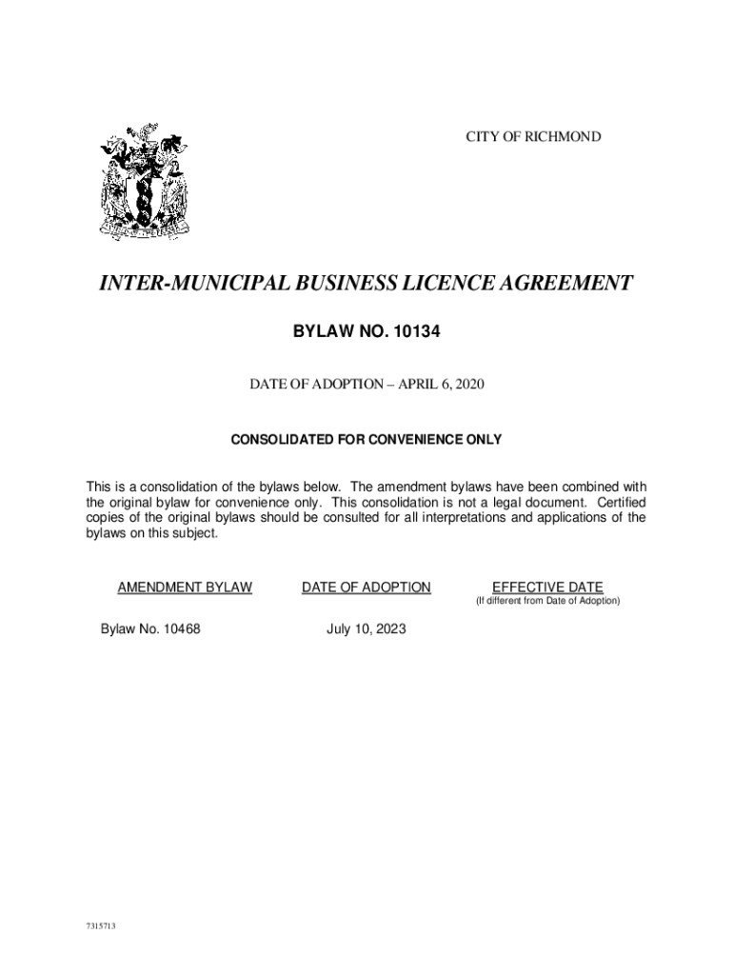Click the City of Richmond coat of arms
(146, 181)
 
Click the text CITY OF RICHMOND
(533, 137)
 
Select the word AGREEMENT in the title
(565, 283)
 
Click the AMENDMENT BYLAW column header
(185, 587)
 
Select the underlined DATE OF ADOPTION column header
(366, 587)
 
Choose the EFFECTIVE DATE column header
(547, 587)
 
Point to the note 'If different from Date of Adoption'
(547, 602)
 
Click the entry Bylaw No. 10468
(150, 629)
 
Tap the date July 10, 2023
(366, 629)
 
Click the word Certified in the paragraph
(618, 501)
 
